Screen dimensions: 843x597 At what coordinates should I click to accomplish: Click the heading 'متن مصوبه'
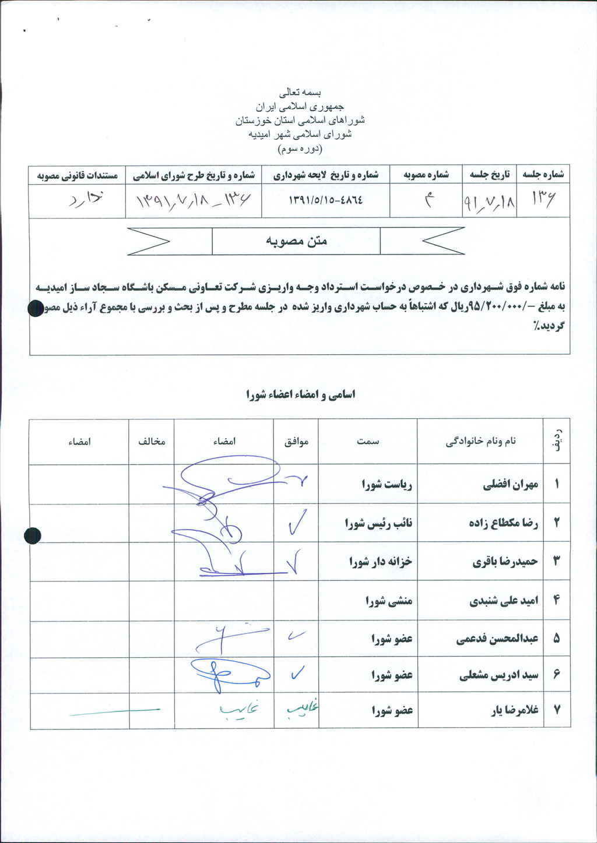[x=297, y=241]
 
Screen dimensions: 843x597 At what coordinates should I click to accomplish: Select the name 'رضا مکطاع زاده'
[x=503, y=523]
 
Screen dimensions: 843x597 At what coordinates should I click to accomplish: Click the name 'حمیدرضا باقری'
[x=505, y=562]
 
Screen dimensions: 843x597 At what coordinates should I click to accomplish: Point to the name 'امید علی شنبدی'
[x=504, y=601]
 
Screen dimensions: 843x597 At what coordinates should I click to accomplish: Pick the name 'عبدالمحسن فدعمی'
[x=497, y=639]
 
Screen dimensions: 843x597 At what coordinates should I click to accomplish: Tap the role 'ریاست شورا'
[x=387, y=484]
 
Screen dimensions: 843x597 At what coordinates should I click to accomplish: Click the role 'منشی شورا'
[x=388, y=601]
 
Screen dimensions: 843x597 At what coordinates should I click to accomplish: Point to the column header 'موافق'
[x=296, y=442]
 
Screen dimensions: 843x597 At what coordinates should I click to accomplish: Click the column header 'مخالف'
[x=152, y=442]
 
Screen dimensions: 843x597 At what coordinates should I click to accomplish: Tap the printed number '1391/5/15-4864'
[x=326, y=199]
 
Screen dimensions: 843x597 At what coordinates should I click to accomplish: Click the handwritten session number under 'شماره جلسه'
[x=543, y=201]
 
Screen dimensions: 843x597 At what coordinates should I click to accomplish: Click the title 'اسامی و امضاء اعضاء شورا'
[x=300, y=394]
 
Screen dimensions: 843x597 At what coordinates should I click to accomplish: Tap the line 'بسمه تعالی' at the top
[x=300, y=93]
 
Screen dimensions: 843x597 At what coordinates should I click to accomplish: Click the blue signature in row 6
[x=227, y=674]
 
